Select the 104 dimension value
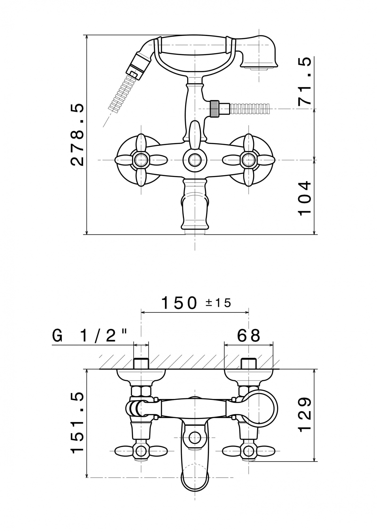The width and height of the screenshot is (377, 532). pos(304,198)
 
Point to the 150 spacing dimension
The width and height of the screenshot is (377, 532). pos(180,303)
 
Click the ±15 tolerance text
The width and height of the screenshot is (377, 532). pos(218,303)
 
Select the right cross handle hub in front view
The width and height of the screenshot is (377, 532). pos(248,160)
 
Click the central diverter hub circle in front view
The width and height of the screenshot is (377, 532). pos(195,160)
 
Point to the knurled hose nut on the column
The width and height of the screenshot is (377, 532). pos(215,109)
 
